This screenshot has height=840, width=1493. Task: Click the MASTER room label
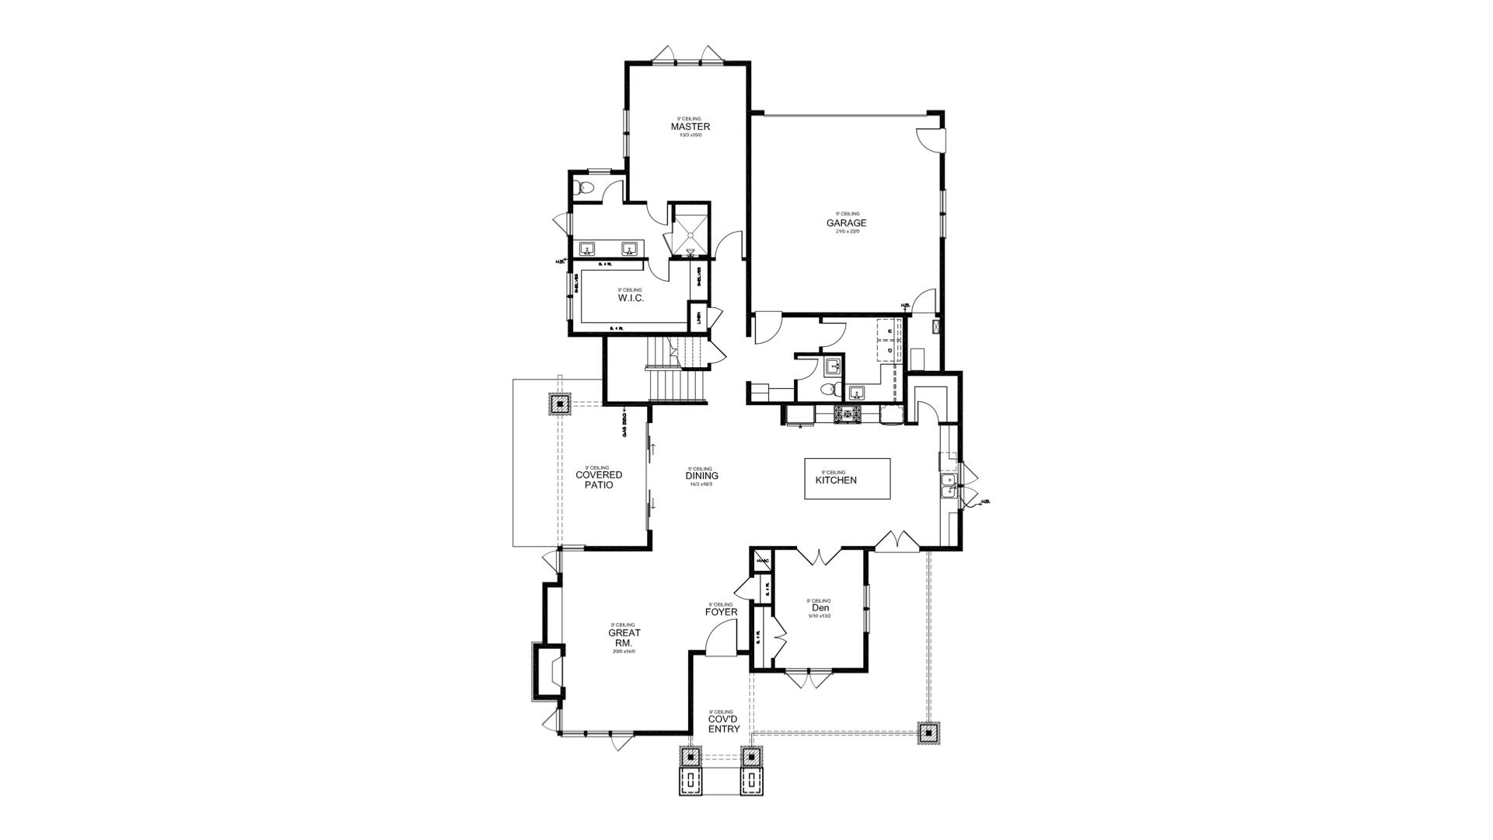[x=690, y=127]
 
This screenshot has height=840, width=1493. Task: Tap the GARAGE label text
[x=846, y=223]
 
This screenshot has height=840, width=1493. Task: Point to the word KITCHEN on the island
[x=836, y=480]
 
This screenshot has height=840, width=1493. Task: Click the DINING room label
[x=701, y=476]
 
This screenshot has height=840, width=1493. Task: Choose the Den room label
[x=819, y=608]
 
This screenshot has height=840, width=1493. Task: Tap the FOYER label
[x=721, y=612]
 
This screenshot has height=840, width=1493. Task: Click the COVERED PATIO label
[x=598, y=480]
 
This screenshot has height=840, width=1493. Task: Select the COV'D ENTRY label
[x=723, y=724]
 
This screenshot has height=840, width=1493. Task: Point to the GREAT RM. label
[x=624, y=638]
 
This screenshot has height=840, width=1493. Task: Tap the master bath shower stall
[x=690, y=229]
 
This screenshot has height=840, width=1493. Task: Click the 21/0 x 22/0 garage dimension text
[x=846, y=231]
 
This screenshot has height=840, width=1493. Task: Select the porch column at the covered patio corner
[x=559, y=404]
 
